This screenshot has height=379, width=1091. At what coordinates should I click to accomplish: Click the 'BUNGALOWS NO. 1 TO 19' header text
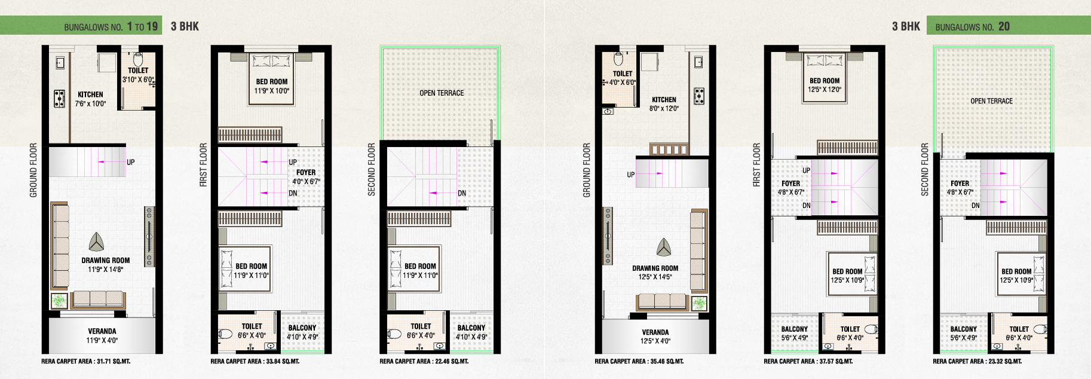(111, 26)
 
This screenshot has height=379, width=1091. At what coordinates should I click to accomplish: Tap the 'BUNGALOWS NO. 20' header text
(972, 26)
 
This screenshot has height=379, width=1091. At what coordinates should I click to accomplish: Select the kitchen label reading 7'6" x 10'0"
(90, 99)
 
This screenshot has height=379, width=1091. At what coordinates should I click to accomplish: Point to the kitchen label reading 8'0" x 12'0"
(664, 104)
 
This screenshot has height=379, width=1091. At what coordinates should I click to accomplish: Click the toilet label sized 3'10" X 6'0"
(138, 75)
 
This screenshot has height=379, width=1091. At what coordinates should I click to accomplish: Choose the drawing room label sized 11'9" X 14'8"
(106, 265)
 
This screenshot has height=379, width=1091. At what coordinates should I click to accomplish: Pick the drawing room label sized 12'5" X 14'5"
(655, 273)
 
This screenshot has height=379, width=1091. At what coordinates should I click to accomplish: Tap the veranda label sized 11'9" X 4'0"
(102, 335)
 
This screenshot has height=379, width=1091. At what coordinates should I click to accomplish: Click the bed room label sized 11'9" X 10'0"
(272, 86)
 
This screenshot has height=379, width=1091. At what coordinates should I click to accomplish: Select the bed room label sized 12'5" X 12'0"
(825, 85)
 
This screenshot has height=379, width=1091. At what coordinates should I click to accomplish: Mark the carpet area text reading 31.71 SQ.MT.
(85, 361)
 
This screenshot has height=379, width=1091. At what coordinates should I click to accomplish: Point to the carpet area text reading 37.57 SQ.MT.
(808, 361)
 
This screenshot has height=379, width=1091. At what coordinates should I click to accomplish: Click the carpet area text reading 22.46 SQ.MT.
(424, 361)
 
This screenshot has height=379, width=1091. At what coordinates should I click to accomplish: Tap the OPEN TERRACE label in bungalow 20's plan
(991, 101)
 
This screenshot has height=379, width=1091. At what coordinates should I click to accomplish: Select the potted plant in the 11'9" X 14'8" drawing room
(59, 300)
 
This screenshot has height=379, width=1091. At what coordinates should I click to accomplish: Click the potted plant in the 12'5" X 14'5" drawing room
(699, 302)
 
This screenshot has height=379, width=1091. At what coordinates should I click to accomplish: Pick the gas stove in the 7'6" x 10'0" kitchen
(59, 98)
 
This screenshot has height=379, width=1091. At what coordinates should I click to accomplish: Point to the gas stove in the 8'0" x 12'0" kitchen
(698, 96)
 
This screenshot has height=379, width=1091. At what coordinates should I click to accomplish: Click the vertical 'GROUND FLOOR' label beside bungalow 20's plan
(587, 170)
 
